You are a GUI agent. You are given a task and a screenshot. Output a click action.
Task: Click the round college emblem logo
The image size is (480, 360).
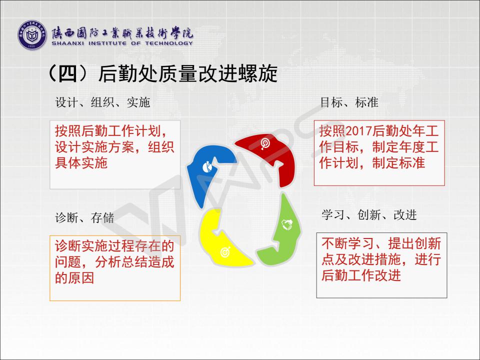coord(32,35)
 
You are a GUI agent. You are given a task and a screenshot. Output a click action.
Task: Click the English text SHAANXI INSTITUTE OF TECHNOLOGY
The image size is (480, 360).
coord(122,43)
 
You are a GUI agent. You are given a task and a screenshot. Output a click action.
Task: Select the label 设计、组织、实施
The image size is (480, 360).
coord(102,102)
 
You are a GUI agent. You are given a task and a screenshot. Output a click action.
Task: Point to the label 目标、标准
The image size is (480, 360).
coord(349,102)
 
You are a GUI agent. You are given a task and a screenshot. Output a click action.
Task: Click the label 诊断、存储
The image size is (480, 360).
coord(84,218)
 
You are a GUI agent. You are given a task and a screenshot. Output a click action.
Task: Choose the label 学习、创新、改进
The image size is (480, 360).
coord(369,215)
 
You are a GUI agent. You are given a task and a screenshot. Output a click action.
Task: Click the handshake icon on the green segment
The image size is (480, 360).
coord(287,224)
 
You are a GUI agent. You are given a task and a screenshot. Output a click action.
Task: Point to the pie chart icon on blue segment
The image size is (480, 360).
coord(208,167)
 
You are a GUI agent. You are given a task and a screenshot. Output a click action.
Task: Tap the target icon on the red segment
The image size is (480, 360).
coord(265,143)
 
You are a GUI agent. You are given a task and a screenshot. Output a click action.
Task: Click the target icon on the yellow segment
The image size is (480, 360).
coord(225,252)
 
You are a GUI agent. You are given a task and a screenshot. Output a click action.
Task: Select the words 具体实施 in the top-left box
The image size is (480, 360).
coord(81,162)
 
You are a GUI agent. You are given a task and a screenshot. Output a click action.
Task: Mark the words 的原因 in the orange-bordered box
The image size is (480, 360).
coord(74,278)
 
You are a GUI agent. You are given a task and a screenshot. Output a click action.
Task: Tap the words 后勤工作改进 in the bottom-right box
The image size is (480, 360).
coord(361,275)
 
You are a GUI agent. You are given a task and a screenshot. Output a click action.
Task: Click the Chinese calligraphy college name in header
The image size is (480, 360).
coord(122,32)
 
